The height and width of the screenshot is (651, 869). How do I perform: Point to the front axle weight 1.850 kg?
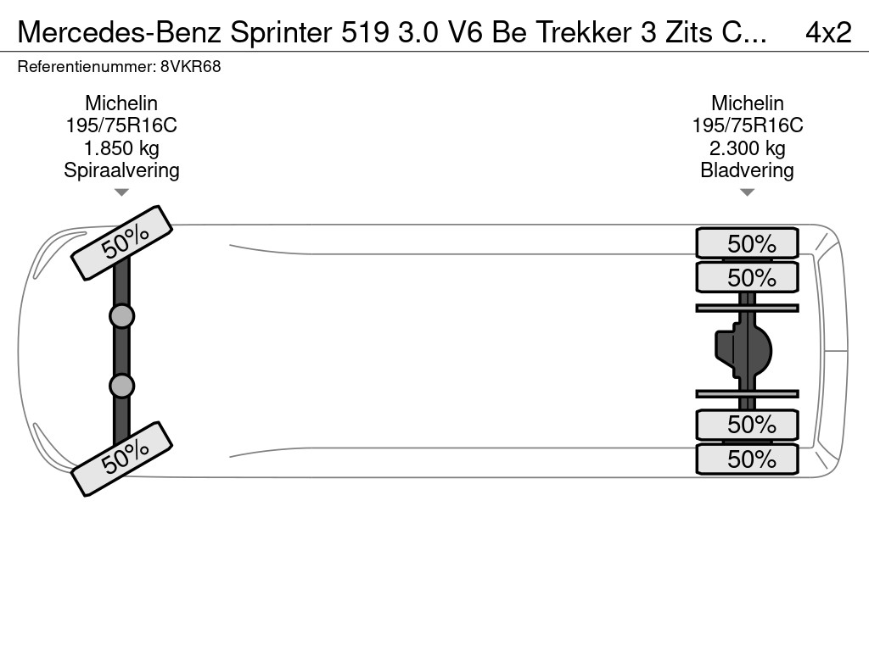pyautogui.click(x=121, y=148)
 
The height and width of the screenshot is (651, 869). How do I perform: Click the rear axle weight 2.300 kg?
pyautogui.click(x=747, y=148)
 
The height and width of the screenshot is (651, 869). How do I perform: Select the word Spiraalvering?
pyautogui.click(x=121, y=170)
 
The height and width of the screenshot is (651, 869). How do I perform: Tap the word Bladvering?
pyautogui.click(x=747, y=170)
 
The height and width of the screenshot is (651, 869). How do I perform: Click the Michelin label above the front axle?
pyautogui.click(x=121, y=103)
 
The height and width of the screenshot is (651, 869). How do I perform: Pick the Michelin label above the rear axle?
pyautogui.click(x=747, y=103)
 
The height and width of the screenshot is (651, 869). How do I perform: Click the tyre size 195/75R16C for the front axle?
pyautogui.click(x=121, y=125)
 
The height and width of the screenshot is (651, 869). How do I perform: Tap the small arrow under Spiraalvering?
pyautogui.click(x=121, y=192)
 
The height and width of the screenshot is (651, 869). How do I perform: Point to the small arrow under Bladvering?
pyautogui.click(x=747, y=192)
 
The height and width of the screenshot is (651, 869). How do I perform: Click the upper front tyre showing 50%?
pyautogui.click(x=122, y=242)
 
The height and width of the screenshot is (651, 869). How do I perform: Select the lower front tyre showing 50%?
pyautogui.click(x=122, y=458)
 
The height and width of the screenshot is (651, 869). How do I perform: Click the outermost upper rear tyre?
pyautogui.click(x=747, y=243)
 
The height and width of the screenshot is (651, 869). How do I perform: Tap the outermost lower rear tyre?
pyautogui.click(x=747, y=459)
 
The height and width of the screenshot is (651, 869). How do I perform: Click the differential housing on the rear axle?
pyautogui.click(x=744, y=350)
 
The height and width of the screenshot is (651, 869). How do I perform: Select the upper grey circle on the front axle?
pyautogui.click(x=121, y=316)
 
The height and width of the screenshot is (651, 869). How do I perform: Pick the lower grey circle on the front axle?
pyautogui.click(x=121, y=386)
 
